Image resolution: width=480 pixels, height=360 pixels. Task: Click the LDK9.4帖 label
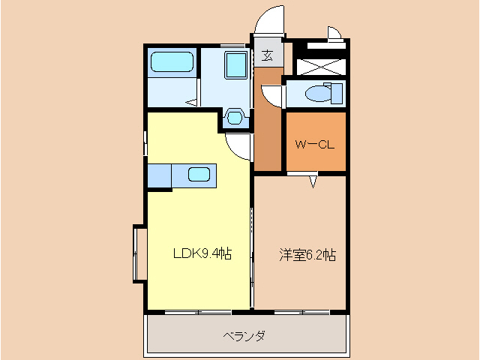[x=202, y=253]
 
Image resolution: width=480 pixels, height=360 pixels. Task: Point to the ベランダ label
[x=244, y=335]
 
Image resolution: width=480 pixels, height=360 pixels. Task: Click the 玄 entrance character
[x=268, y=55]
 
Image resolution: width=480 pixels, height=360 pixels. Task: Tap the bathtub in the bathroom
[x=172, y=62]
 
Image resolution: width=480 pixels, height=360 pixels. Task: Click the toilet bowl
[x=319, y=93]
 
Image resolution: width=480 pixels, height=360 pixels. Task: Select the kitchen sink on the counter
[x=199, y=175]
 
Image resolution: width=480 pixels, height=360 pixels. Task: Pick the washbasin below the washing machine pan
[x=235, y=118]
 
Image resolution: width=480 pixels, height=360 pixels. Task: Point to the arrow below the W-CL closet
[x=313, y=181]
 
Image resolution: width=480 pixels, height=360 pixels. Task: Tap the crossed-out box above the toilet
[x=322, y=64]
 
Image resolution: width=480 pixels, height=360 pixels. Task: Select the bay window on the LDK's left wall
[x=138, y=252]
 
